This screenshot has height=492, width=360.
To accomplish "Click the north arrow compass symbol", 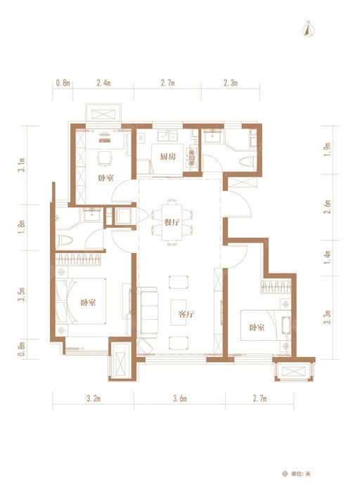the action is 309,30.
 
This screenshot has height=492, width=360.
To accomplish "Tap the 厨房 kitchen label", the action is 167,157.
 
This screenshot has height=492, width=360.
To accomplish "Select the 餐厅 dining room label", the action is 172,223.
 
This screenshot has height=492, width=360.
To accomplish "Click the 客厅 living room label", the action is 186,314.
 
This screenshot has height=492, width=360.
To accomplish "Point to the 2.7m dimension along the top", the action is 167,83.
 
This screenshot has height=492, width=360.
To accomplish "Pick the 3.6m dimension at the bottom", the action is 180,399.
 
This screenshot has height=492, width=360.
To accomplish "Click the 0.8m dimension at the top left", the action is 63,83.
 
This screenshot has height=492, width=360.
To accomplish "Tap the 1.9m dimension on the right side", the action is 328,150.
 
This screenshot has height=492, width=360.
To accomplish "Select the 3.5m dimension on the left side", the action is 21,294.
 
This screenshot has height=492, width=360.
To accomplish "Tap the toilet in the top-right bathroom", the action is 246,162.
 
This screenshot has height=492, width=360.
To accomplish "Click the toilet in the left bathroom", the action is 64,240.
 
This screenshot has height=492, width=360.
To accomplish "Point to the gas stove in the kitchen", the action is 191,157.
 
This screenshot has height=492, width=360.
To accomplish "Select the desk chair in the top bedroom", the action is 105,158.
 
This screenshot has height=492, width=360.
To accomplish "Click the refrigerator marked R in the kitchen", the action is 141,138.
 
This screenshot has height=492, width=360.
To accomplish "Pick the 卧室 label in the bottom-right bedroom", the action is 257,328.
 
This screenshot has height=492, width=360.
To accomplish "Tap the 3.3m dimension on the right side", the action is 328,317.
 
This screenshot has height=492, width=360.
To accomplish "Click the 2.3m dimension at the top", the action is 231,83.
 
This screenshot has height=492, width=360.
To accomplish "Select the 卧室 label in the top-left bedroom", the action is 105,179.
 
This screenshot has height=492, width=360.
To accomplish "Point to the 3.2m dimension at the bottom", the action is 94,399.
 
